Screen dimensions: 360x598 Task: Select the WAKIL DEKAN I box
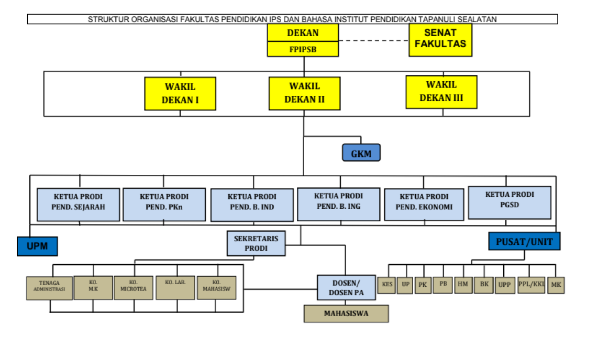180,93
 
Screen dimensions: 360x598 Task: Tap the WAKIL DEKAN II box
304,93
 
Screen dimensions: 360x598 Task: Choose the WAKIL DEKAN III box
441,92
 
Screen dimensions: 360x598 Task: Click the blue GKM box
361,152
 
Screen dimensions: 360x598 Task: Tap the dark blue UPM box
37,246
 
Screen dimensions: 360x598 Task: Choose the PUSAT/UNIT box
524,241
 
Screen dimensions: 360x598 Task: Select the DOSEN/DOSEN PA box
346,288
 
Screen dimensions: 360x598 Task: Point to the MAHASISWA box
346,313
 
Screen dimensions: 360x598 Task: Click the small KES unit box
386,285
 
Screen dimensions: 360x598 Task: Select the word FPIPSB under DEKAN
303,50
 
